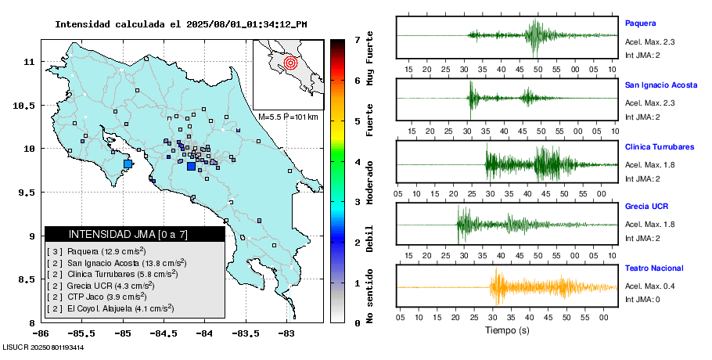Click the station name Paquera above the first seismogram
click(640, 23)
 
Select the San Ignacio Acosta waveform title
click(660, 85)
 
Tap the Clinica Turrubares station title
click(659, 147)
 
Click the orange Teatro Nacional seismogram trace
click(509, 287)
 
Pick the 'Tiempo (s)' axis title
click(507, 330)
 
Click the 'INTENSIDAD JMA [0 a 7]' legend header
click(128, 234)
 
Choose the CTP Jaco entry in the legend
click(112, 297)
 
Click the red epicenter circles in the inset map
click(290, 61)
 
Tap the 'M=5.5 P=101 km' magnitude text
click(288, 117)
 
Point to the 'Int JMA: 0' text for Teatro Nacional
click(642, 299)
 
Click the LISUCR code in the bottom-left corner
click(43, 347)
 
